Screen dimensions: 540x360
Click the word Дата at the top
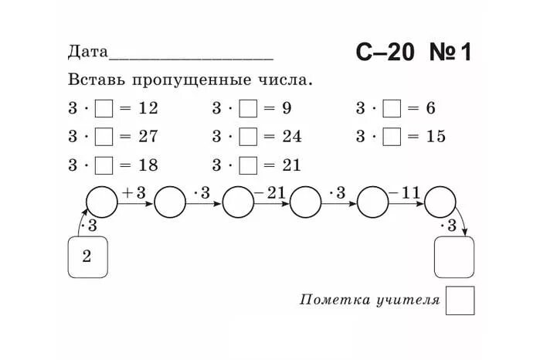pyautogui.click(x=87, y=53)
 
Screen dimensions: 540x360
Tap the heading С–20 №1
pyautogui.click(x=413, y=53)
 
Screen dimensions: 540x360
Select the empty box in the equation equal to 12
pyautogui.click(x=104, y=109)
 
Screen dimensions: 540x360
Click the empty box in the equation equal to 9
pyautogui.click(x=248, y=109)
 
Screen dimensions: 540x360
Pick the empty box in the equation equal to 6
pyautogui.click(x=392, y=109)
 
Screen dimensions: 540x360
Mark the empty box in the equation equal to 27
pyautogui.click(x=104, y=137)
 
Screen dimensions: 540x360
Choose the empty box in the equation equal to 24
pyautogui.click(x=248, y=137)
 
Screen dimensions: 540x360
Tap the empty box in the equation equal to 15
pyautogui.click(x=392, y=137)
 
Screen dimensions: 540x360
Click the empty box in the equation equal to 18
pyautogui.click(x=104, y=165)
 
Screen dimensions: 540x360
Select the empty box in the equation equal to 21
pyautogui.click(x=248, y=165)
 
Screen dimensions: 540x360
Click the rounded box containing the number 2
pyautogui.click(x=87, y=257)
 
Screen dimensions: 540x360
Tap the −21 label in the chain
pyautogui.click(x=270, y=193)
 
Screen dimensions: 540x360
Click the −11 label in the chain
pyautogui.click(x=405, y=193)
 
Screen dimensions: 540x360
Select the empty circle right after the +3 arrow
pyautogui.click(x=170, y=203)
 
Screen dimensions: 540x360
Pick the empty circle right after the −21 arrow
pyautogui.click(x=306, y=203)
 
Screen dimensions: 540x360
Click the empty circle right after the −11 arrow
pyautogui.click(x=440, y=203)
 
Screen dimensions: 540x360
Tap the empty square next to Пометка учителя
pyautogui.click(x=460, y=301)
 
